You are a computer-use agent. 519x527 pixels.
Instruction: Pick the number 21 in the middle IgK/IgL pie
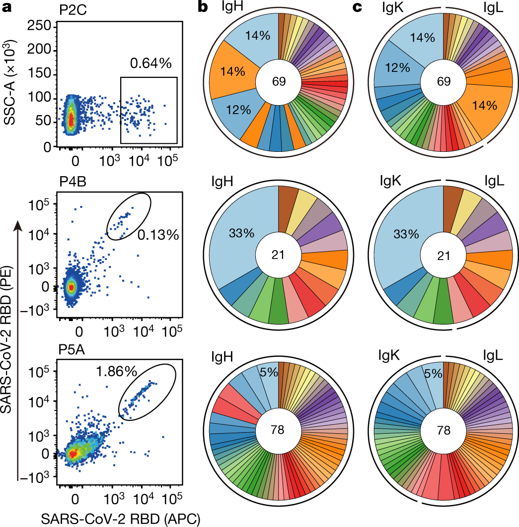coord(443,256)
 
